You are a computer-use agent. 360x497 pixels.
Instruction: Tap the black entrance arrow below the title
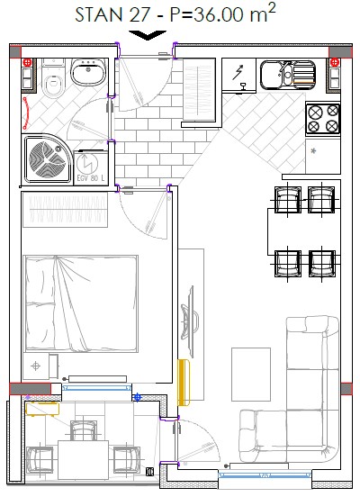(x=148, y=35)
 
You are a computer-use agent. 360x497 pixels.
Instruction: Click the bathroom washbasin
(x=88, y=72)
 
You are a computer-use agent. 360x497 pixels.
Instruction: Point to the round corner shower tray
(x=47, y=158)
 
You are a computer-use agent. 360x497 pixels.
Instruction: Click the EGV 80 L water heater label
(x=90, y=178)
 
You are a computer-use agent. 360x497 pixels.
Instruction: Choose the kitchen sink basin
(x=288, y=75)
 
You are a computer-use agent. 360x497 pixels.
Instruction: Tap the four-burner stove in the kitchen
(x=323, y=119)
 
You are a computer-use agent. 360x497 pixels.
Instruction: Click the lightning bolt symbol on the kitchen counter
(x=238, y=72)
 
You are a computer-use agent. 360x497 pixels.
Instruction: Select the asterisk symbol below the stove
(x=313, y=151)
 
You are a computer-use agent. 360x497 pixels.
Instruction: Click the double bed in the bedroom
(x=81, y=303)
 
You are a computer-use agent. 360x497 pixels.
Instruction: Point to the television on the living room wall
(x=190, y=321)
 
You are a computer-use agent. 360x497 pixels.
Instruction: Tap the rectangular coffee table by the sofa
(x=251, y=375)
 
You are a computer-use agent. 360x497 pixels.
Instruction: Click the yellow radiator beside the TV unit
(x=184, y=383)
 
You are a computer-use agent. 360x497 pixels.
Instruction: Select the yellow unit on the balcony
(x=42, y=408)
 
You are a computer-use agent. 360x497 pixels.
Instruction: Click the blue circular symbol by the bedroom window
(x=137, y=397)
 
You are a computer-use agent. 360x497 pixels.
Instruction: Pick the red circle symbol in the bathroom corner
(x=27, y=62)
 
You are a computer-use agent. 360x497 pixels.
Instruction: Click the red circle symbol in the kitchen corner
(x=334, y=62)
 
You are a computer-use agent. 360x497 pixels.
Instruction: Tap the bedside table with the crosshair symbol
(x=36, y=366)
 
